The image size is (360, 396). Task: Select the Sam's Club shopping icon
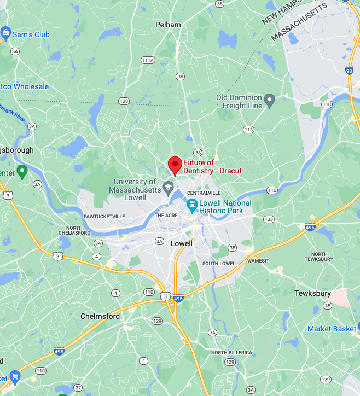coord(6,34)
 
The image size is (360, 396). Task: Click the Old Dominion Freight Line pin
coord(269,101)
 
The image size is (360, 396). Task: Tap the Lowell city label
coord(182,243)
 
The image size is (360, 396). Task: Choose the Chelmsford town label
coord(100,316)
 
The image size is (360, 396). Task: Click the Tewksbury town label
coord(312,293)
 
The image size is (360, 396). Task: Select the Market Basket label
coord(332,329)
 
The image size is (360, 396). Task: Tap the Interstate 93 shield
coord(349,71)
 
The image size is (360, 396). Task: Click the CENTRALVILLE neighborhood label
coord(204,194)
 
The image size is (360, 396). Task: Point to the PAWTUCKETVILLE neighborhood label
coord(104,217)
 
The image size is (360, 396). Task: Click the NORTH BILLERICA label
coord(231,353)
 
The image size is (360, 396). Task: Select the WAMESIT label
coord(258,261)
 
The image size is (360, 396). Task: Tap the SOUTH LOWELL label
coord(220,264)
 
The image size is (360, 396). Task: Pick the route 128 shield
coord(124,101)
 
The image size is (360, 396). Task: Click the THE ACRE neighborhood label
coord(167,216)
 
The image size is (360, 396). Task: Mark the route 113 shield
coord(249,130)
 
